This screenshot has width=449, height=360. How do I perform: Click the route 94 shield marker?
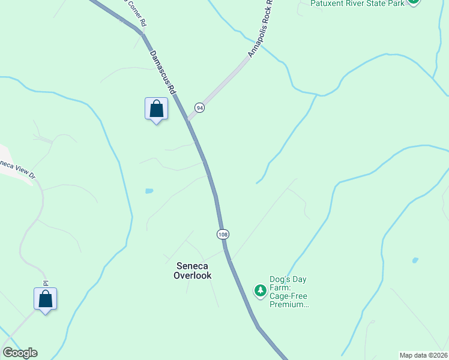(x=199, y=107)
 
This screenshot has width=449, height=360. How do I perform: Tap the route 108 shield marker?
(x=223, y=233)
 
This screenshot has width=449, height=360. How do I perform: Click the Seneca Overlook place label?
(x=193, y=271)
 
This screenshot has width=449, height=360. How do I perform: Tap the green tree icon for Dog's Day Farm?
(x=260, y=291)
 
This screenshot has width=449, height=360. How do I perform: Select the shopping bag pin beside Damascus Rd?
(x=156, y=109)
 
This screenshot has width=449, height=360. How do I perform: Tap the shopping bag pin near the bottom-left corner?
(x=45, y=299)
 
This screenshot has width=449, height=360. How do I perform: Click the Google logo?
(x=20, y=353)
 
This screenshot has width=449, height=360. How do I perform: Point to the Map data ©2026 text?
(x=424, y=355)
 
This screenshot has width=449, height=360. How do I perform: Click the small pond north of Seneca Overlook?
(x=149, y=191)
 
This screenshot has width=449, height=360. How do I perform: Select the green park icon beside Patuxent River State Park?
(x=412, y=2)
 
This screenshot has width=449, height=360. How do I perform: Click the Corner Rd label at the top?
(x=135, y=12)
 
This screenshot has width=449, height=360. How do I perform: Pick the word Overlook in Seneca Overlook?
(x=193, y=276)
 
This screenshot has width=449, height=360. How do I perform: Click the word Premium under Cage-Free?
(x=289, y=305)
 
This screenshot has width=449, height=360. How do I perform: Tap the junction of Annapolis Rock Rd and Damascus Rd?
(x=188, y=120)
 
